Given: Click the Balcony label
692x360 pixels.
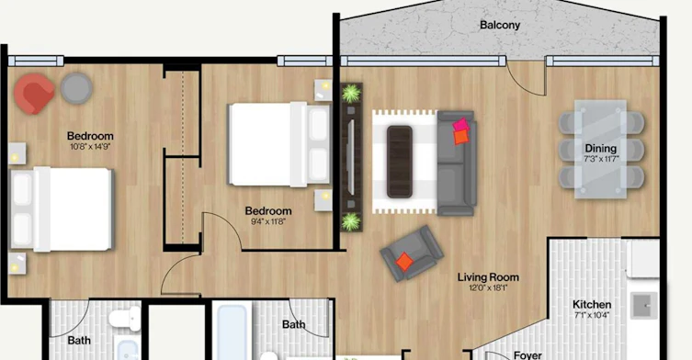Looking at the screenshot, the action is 500,25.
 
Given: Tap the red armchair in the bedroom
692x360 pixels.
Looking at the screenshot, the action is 34,94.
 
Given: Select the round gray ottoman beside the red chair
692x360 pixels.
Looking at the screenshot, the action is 76,88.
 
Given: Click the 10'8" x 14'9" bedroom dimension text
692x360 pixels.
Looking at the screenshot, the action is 90,146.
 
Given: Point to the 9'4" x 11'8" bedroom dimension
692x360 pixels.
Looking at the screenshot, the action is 267,221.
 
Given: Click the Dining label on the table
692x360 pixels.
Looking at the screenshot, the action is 601,148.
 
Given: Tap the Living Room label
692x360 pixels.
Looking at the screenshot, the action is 488,277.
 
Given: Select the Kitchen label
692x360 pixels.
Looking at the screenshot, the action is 592,304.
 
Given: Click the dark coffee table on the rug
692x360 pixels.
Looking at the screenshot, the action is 400,162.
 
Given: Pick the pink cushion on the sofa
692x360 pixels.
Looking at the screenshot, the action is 461,125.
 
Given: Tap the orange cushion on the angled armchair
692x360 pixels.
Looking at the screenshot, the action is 404,262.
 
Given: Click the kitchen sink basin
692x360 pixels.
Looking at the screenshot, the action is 644,305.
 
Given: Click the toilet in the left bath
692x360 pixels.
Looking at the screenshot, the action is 125,319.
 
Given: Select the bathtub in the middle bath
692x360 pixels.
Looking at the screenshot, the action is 232,331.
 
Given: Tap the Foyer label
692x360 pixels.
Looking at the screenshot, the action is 528,355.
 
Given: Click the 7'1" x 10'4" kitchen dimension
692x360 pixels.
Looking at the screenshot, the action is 592,315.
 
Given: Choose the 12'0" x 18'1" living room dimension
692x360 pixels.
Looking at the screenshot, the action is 488,288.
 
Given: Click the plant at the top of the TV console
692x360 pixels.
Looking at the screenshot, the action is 352,93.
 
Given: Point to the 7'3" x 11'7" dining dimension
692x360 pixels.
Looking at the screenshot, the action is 601,159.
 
